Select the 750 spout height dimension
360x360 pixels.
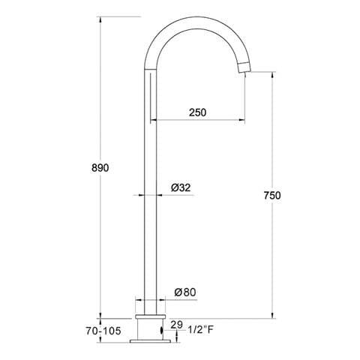[272, 195]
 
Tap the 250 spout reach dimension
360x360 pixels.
[197, 112]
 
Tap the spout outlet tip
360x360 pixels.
[244, 70]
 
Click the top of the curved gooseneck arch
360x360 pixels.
[197, 19]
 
